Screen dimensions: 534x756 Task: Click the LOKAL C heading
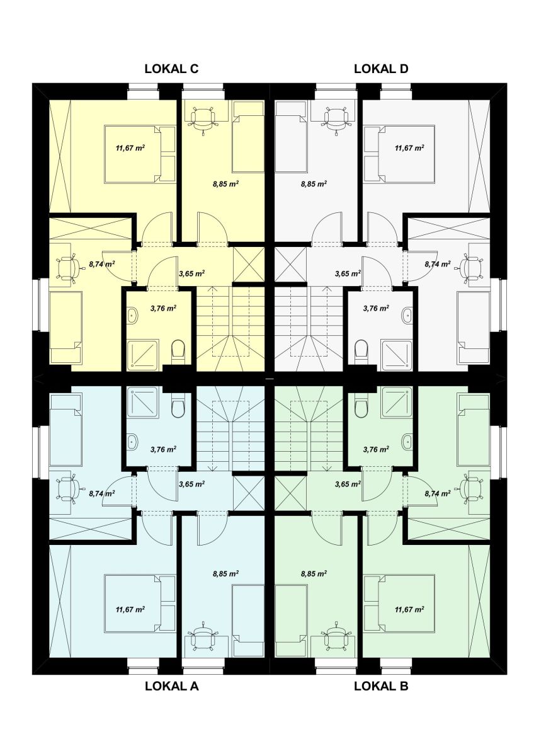pos(171,69)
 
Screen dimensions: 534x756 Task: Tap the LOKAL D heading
pos(381,69)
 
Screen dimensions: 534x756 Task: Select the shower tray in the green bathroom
pos(396,402)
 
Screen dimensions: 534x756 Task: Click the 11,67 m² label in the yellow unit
pos(130,148)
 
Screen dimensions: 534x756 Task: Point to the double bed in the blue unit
pos(140,603)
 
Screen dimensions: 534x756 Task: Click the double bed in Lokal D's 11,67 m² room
pos(399,154)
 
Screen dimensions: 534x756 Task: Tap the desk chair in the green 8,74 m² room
pos(472,488)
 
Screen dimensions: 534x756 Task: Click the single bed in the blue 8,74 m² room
pos(65,431)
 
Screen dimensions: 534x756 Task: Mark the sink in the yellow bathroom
pos(133,316)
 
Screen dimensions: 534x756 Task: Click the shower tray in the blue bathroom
pos(143,402)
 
